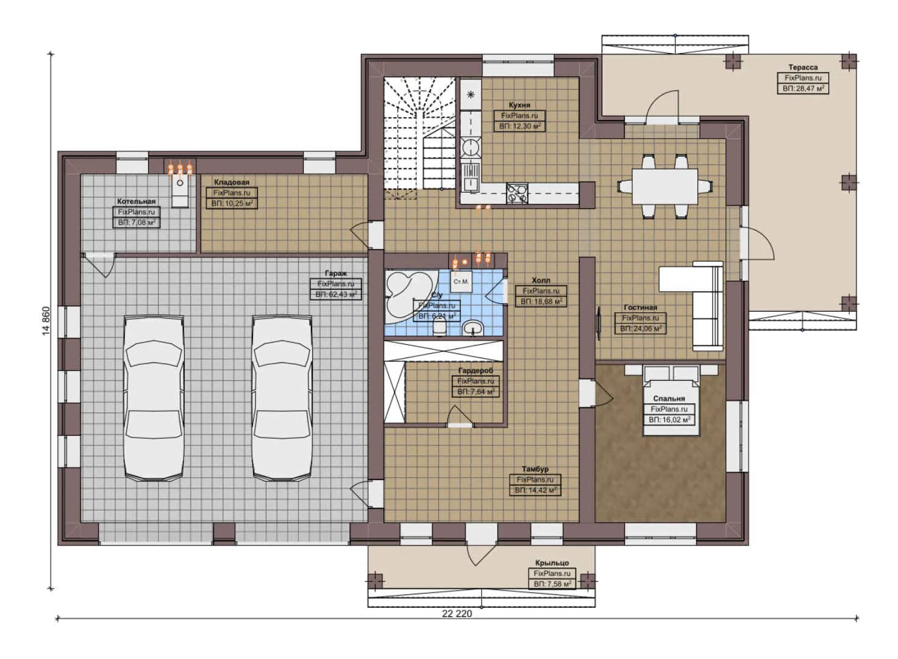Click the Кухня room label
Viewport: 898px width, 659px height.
point(519,105)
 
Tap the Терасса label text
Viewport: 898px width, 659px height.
point(802,67)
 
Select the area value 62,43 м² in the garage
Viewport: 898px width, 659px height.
point(337,295)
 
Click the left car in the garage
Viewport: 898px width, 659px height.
point(154,397)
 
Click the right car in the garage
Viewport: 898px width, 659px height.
point(282,397)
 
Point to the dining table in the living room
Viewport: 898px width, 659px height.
point(665,186)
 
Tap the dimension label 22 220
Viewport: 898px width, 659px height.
point(457,614)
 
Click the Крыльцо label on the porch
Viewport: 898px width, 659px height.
point(552,563)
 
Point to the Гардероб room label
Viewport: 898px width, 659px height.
point(476,370)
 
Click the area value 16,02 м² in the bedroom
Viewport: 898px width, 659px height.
point(669,420)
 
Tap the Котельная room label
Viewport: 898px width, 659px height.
point(136,201)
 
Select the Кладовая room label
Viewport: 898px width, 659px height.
point(231,182)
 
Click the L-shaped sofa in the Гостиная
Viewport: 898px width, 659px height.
point(707,305)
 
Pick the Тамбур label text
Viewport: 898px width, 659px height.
point(535,469)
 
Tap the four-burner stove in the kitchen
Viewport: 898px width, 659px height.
point(517,193)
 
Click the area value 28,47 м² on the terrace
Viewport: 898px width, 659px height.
point(803,88)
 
